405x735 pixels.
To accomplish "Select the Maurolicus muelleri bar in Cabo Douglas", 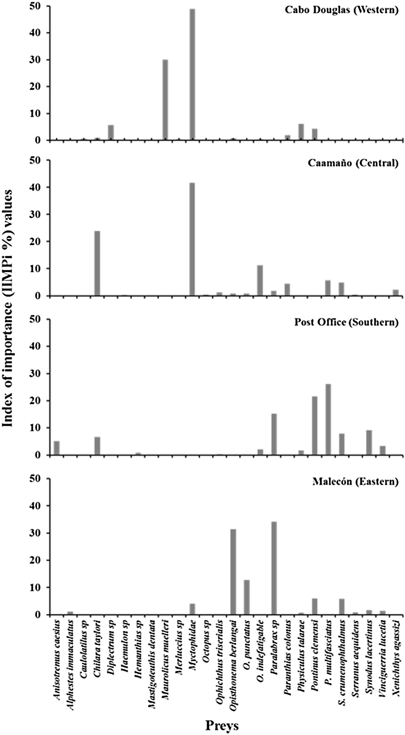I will point(165,100).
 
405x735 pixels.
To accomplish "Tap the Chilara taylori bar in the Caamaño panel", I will point(97,263).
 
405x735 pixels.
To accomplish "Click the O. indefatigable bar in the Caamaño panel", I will point(260,280).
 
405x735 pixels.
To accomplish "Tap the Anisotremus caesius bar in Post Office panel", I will point(57,448).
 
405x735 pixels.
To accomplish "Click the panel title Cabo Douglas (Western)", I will point(342,10).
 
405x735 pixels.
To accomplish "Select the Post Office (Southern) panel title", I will point(346,322).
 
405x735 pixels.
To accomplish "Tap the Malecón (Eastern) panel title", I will point(355,481).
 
